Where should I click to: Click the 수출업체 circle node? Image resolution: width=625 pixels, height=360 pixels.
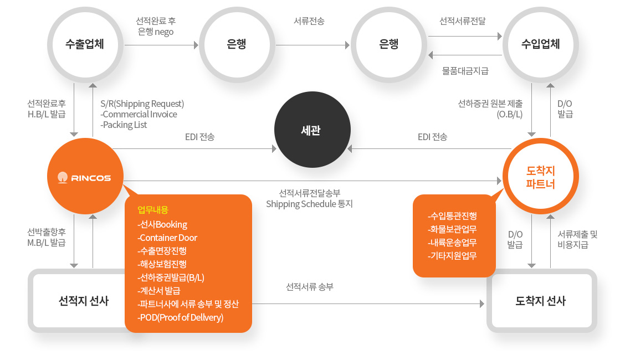[x=85, y=45]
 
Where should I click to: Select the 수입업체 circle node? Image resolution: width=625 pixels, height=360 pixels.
[x=540, y=45]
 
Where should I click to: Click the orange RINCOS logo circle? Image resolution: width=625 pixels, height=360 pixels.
[x=85, y=176]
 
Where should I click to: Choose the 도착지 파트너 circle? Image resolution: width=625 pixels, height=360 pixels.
[x=540, y=176]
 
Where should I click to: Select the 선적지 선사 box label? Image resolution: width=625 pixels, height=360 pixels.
[x=84, y=301]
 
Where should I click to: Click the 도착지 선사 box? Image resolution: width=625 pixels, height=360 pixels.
[x=542, y=301]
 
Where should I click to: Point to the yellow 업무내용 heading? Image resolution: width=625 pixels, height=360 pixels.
[x=153, y=210]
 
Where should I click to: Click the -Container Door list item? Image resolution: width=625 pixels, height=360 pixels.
[x=167, y=238]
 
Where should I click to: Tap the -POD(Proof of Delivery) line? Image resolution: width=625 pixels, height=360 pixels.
[x=180, y=317]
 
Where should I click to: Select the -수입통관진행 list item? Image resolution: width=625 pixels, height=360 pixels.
[x=453, y=216]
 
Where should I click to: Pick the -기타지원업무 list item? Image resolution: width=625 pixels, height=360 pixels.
[x=453, y=256]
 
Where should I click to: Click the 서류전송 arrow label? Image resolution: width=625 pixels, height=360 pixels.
[x=309, y=20]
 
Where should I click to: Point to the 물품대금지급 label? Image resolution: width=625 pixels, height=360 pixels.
[x=465, y=71]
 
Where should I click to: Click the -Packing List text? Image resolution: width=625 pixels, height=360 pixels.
[x=124, y=125]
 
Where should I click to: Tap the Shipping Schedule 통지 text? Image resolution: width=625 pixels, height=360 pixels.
[x=309, y=204]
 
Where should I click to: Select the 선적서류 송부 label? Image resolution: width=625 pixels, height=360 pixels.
[x=310, y=287]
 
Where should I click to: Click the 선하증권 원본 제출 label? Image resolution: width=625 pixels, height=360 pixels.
[x=490, y=104]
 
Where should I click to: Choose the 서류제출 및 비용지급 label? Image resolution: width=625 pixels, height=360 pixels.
[x=577, y=239]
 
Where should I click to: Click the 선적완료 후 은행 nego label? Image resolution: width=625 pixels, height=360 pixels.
[x=156, y=26]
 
